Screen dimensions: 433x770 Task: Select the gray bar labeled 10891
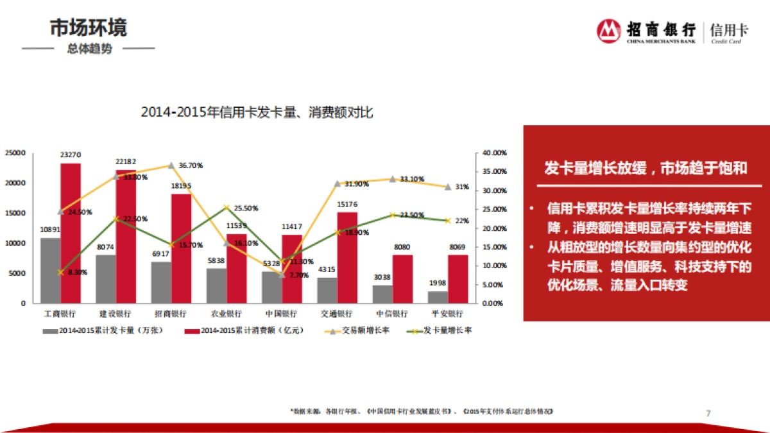[x=50, y=270]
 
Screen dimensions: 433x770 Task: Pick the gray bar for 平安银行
[x=438, y=297]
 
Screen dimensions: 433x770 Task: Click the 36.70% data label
[x=191, y=166]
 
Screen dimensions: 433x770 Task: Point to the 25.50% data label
[x=246, y=208]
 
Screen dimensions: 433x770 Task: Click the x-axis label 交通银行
[x=336, y=314]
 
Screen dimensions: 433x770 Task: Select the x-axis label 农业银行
[x=226, y=314]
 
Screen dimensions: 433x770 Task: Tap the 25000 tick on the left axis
[x=15, y=153]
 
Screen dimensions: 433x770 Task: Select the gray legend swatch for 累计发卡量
[x=51, y=331]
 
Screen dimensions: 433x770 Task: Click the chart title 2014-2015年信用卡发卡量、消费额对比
[x=257, y=112]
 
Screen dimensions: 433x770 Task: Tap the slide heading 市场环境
[x=89, y=28]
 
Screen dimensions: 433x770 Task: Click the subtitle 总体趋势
[x=89, y=49]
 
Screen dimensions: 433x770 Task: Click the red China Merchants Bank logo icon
[x=608, y=31]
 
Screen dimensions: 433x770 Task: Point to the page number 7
[x=708, y=412]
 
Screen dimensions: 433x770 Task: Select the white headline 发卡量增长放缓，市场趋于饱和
[x=646, y=169]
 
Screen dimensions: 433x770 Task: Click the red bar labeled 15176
[x=347, y=257]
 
